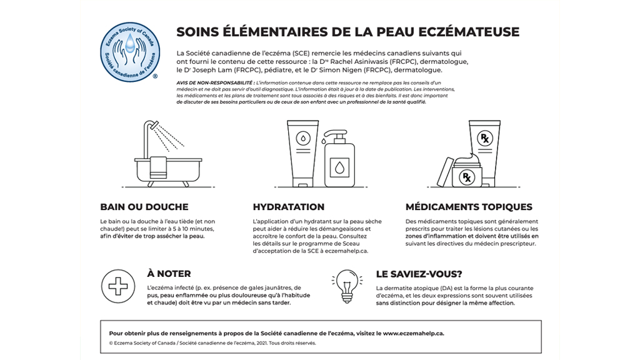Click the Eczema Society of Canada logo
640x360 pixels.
(129, 49)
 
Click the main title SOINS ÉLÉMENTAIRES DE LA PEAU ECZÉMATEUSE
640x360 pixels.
(347, 32)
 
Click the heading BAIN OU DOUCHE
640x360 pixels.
(144, 207)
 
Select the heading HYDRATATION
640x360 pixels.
(289, 207)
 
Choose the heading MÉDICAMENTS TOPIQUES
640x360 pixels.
(469, 207)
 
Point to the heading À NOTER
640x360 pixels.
(169, 273)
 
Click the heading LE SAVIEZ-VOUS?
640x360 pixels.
(419, 273)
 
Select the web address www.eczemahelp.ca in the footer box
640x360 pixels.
(413, 333)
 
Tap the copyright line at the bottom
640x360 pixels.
(212, 343)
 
